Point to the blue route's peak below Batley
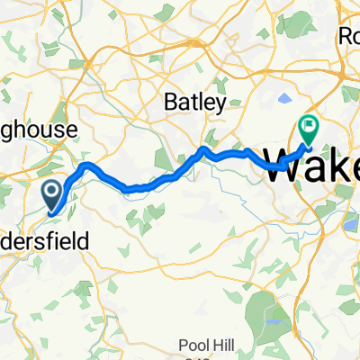point(205,148)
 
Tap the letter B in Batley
point(169,103)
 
